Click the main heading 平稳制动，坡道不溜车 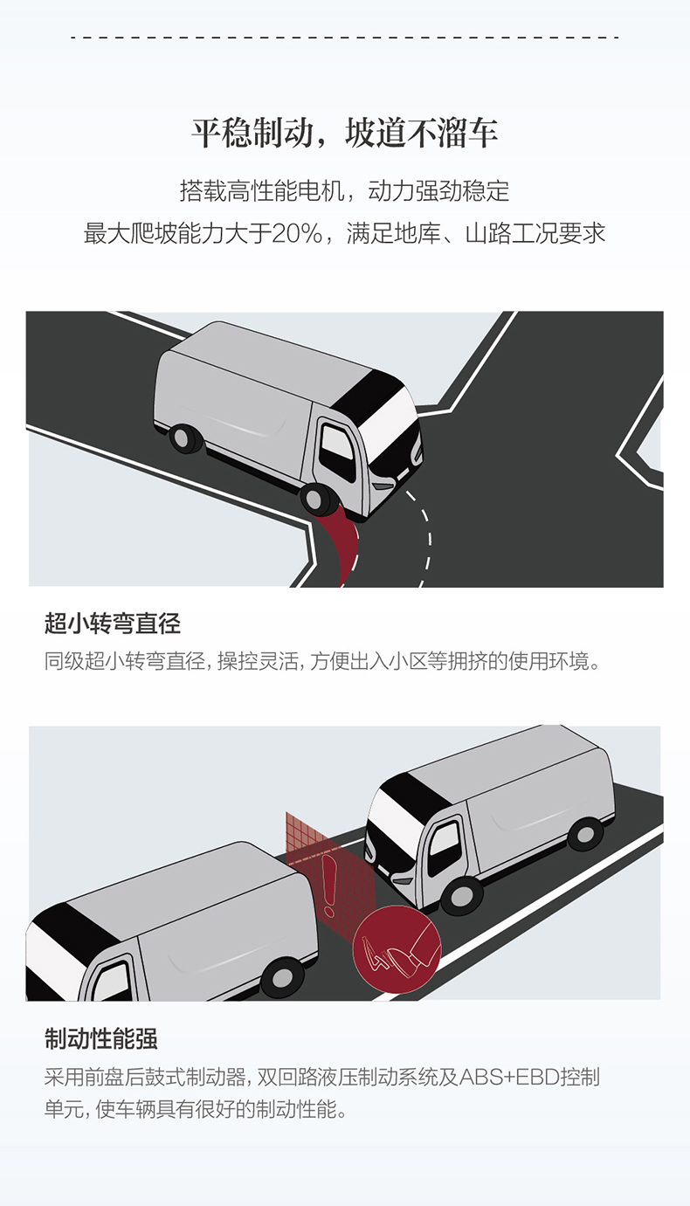coord(345,133)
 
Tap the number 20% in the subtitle coord(297,234)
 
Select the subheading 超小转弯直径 coord(113,624)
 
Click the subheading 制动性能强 coord(100,1038)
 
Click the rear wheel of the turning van coord(186,438)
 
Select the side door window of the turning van coord(336,451)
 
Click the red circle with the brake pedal coord(397,949)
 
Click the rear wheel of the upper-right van coord(585,833)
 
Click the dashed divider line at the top coord(345,38)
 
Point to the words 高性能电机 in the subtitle coord(286,191)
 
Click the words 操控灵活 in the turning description coord(258,661)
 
